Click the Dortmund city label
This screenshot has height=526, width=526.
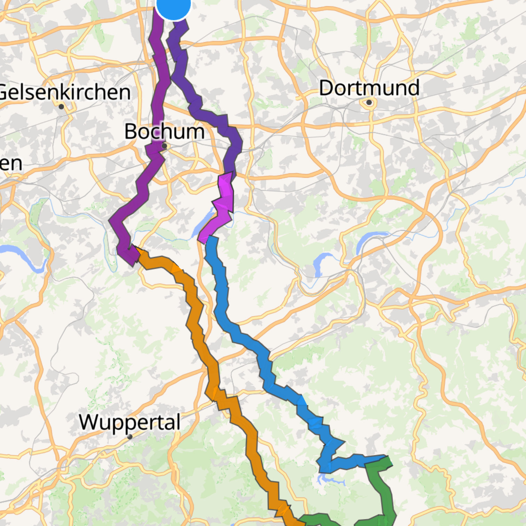click(369, 88)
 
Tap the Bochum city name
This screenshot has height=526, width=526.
click(164, 131)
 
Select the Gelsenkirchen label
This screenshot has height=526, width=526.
click(65, 93)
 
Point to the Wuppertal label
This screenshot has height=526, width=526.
click(130, 422)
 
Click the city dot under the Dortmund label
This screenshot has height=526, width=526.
click(369, 103)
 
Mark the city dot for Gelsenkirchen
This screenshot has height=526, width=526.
click(62, 106)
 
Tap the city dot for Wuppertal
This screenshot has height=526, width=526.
click(130, 437)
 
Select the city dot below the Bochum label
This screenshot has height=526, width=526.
click(165, 146)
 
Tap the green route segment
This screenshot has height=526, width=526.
click(386, 494)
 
